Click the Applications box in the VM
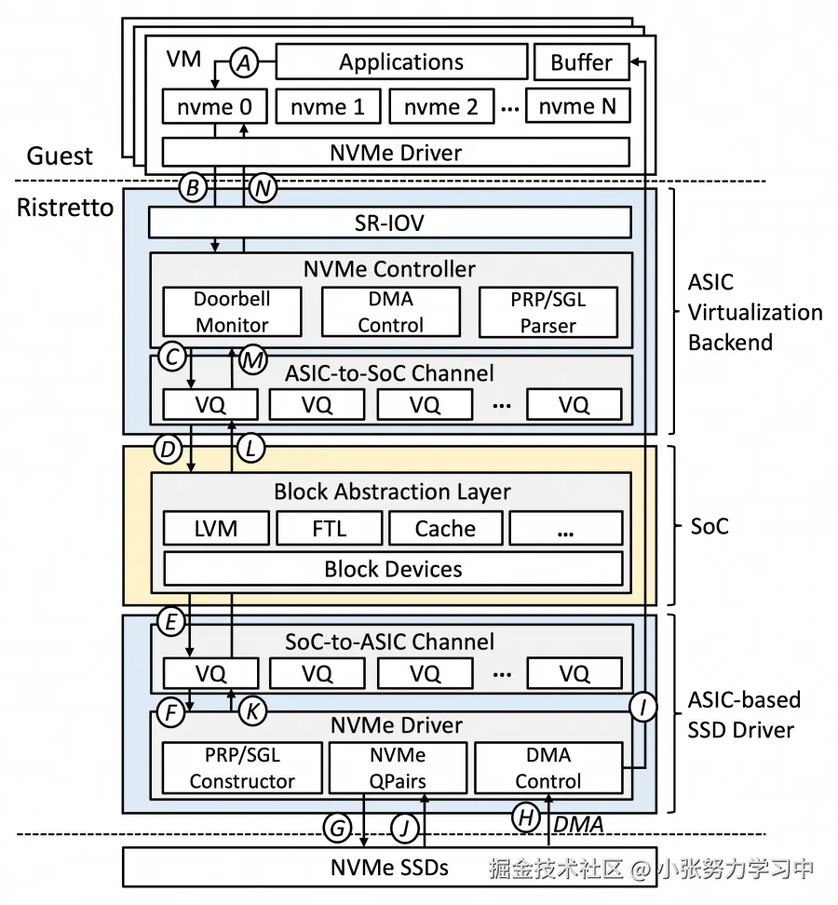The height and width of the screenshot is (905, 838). click(x=401, y=61)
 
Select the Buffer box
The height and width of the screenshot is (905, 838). click(x=581, y=61)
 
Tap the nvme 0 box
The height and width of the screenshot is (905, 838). click(x=215, y=106)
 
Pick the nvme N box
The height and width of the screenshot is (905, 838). click(x=577, y=105)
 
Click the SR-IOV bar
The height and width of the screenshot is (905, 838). click(x=389, y=223)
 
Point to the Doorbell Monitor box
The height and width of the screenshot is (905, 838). click(x=232, y=312)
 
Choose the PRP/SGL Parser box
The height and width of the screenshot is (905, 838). click(x=548, y=312)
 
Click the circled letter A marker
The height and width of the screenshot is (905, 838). click(x=244, y=62)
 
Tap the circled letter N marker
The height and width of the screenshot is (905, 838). click(x=264, y=188)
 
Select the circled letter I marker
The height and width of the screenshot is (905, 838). click(x=642, y=707)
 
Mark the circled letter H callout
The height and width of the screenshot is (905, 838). click(x=526, y=817)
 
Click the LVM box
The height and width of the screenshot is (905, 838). click(x=216, y=528)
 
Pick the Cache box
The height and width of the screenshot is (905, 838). click(x=446, y=528)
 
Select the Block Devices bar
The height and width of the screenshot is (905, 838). click(x=393, y=569)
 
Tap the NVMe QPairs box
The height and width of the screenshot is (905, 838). click(x=398, y=768)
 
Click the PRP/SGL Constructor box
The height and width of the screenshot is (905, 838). click(x=242, y=768)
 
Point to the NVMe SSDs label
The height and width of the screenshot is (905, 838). click(x=389, y=868)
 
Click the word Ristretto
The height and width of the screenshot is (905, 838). click(x=65, y=208)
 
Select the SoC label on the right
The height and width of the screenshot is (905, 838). click(x=710, y=526)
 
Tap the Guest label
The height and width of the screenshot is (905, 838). click(x=60, y=155)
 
